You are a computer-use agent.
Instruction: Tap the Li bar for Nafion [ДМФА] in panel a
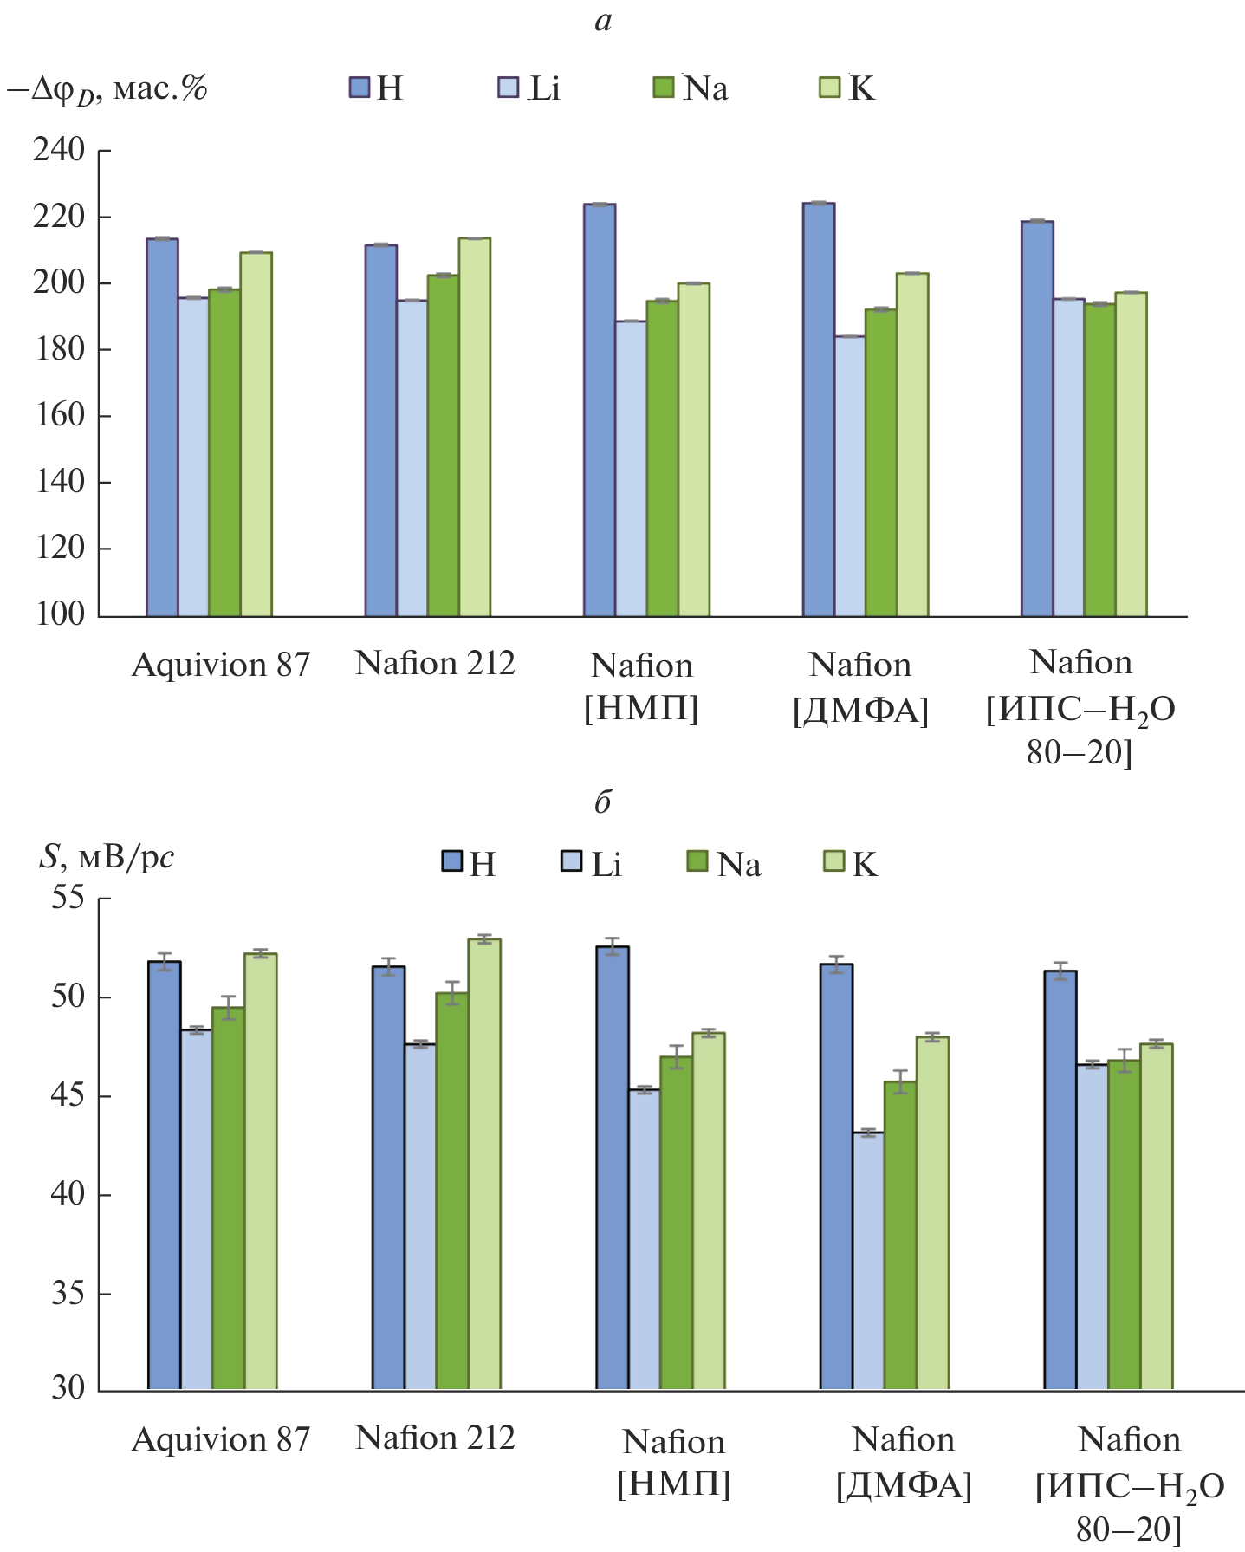click(850, 476)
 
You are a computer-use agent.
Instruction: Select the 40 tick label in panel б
click(68, 1194)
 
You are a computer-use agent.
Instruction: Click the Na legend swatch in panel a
click(664, 88)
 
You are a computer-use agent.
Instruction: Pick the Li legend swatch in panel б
click(571, 861)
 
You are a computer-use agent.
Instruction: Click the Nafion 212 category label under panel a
click(435, 664)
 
